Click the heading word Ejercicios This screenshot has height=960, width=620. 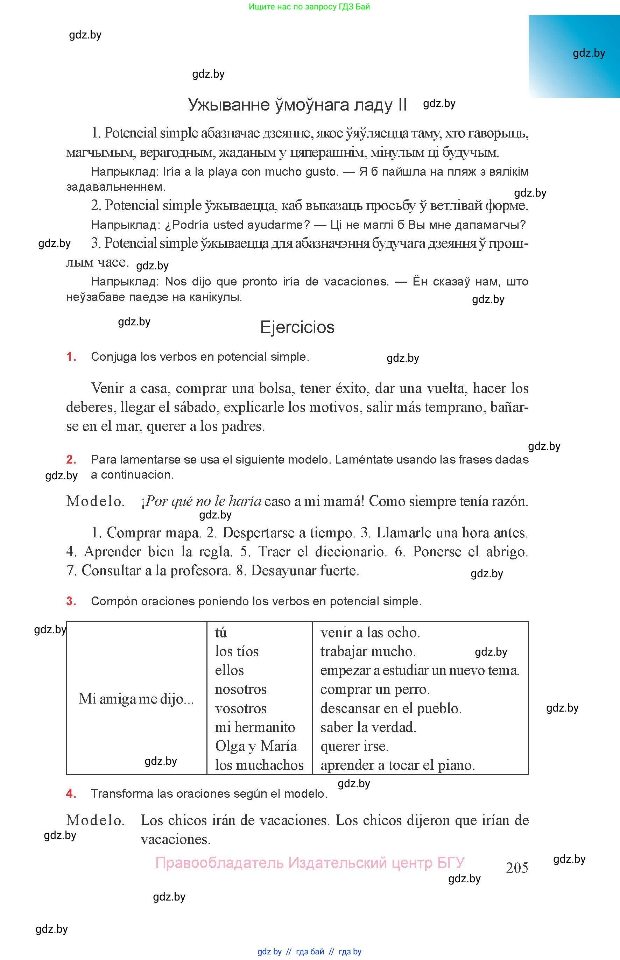tap(297, 327)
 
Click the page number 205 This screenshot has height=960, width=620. tap(517, 867)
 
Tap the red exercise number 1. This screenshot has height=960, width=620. tap(71, 357)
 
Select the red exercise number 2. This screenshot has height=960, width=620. tap(71, 459)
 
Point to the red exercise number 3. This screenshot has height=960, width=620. tap(71, 601)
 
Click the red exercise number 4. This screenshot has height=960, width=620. tap(71, 793)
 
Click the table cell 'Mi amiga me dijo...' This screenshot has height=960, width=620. tap(136, 699)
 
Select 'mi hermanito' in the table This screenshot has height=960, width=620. tap(255, 727)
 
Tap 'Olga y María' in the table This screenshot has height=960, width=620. tap(256, 746)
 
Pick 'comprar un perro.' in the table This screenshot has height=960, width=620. tap(375, 689)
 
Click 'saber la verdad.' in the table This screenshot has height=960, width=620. tap(368, 727)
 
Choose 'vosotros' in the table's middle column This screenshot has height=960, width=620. tap(241, 708)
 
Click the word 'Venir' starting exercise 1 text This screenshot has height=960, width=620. tap(107, 388)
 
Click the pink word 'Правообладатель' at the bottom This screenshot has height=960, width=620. tap(219, 863)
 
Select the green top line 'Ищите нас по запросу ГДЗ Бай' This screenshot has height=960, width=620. tap(309, 6)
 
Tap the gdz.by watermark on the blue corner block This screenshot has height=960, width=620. tap(589, 53)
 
